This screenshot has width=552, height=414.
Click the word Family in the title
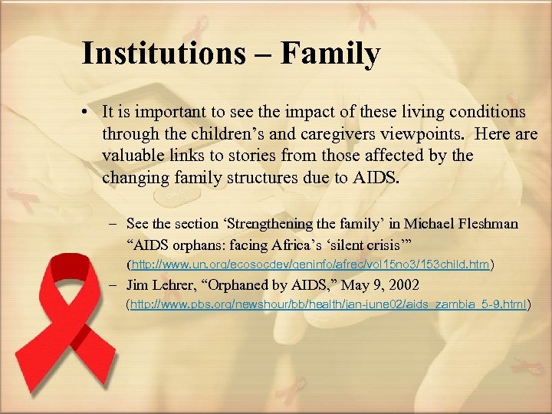click(x=330, y=54)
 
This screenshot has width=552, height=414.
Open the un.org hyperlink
click(x=310, y=265)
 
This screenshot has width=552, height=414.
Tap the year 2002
click(x=403, y=284)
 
